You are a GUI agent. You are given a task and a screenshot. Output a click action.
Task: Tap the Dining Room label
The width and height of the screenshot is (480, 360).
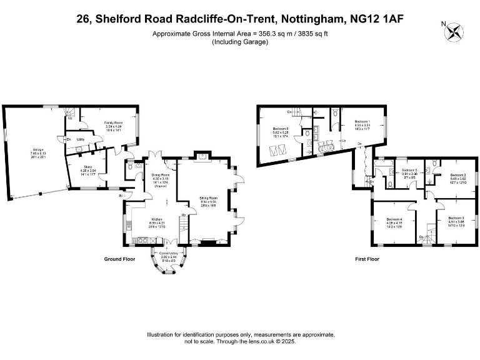click(x=161, y=174)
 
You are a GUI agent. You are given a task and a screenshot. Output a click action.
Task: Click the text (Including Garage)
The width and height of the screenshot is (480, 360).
click(x=240, y=42)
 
